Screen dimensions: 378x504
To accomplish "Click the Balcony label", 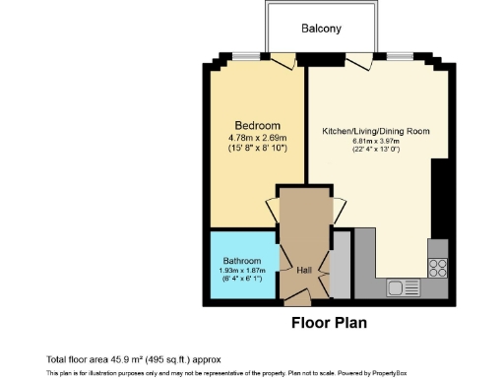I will [321, 29].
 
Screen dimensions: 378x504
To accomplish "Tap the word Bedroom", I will [257, 125].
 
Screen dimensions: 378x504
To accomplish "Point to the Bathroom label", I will [241, 261].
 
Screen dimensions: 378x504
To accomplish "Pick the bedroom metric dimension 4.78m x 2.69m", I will [257, 137].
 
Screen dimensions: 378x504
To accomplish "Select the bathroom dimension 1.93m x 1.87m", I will [241, 271].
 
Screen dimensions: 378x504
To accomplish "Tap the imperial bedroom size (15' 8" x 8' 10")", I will [257, 148].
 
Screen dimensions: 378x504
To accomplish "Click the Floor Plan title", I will [330, 322].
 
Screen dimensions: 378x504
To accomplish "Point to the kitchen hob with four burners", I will [438, 267].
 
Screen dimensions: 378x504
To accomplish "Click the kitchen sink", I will [402, 288].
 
